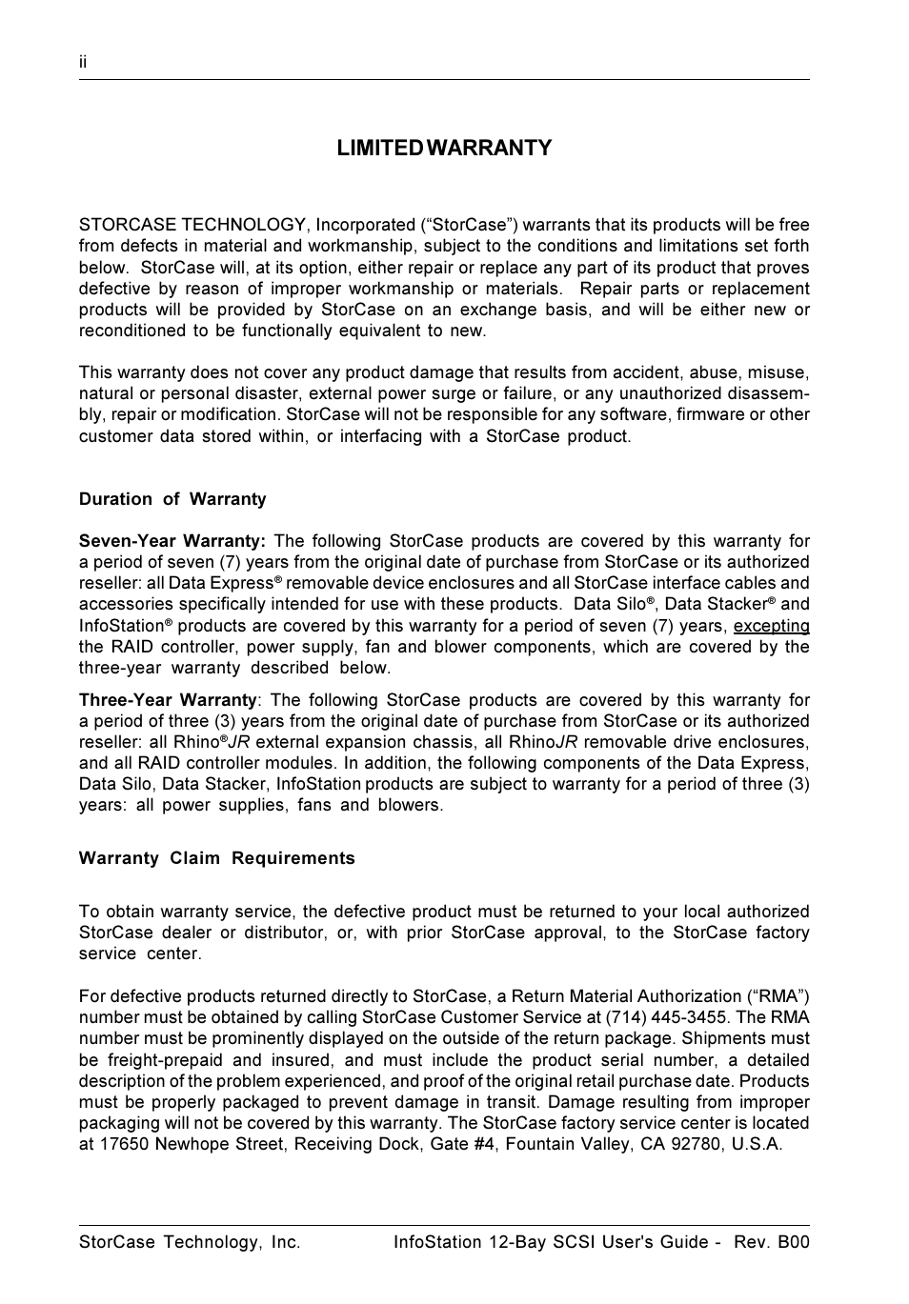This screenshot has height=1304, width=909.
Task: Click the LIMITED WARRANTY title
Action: click(444, 148)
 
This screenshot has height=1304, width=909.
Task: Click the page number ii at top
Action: click(83, 62)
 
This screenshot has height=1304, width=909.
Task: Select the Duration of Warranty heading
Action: click(172, 499)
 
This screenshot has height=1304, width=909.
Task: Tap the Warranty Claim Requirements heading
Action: click(217, 858)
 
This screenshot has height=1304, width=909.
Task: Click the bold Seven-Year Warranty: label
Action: click(172, 541)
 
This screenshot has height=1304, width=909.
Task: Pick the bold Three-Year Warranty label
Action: click(168, 700)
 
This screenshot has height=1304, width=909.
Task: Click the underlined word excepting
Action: click(771, 626)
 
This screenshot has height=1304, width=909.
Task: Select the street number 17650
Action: click(125, 1144)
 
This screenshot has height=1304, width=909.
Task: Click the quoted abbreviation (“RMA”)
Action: click(779, 996)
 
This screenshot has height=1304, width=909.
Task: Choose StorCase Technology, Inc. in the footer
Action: click(190, 1242)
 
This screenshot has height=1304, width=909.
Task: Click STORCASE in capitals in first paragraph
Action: click(127, 225)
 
